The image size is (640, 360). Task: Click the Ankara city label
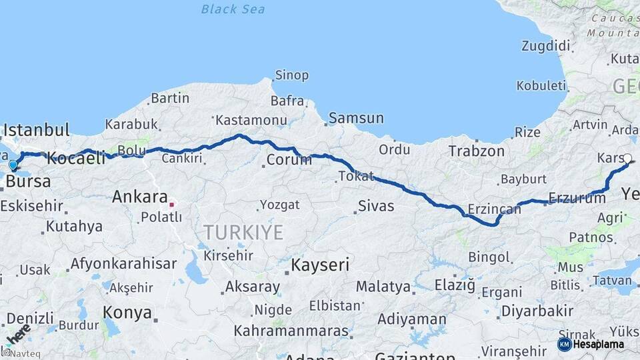139,197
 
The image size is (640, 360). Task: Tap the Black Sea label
233,9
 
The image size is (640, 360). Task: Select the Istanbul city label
37,129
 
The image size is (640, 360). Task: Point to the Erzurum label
577,197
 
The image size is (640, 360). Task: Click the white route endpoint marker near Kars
627,159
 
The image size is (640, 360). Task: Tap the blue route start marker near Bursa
13,165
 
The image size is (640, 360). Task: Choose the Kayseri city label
320,265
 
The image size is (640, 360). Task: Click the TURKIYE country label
243,233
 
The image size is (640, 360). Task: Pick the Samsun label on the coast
356,118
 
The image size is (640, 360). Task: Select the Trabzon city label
476,151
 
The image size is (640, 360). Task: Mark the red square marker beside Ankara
171,205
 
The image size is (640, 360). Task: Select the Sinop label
292,75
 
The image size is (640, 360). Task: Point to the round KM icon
564,345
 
